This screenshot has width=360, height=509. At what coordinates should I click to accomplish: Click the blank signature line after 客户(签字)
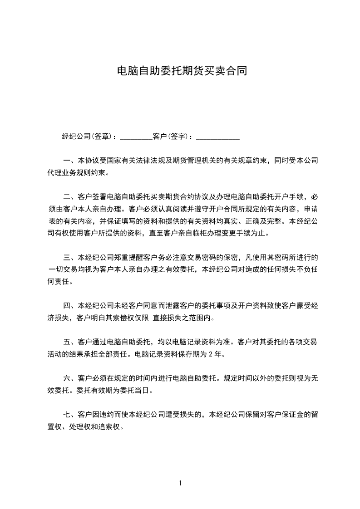[217, 137]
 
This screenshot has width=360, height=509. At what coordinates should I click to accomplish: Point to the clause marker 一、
[70, 161]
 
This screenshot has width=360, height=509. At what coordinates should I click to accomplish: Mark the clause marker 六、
[70, 378]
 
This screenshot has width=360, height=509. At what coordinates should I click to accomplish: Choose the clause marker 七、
[70, 414]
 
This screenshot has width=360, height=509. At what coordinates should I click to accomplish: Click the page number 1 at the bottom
[180, 483]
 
